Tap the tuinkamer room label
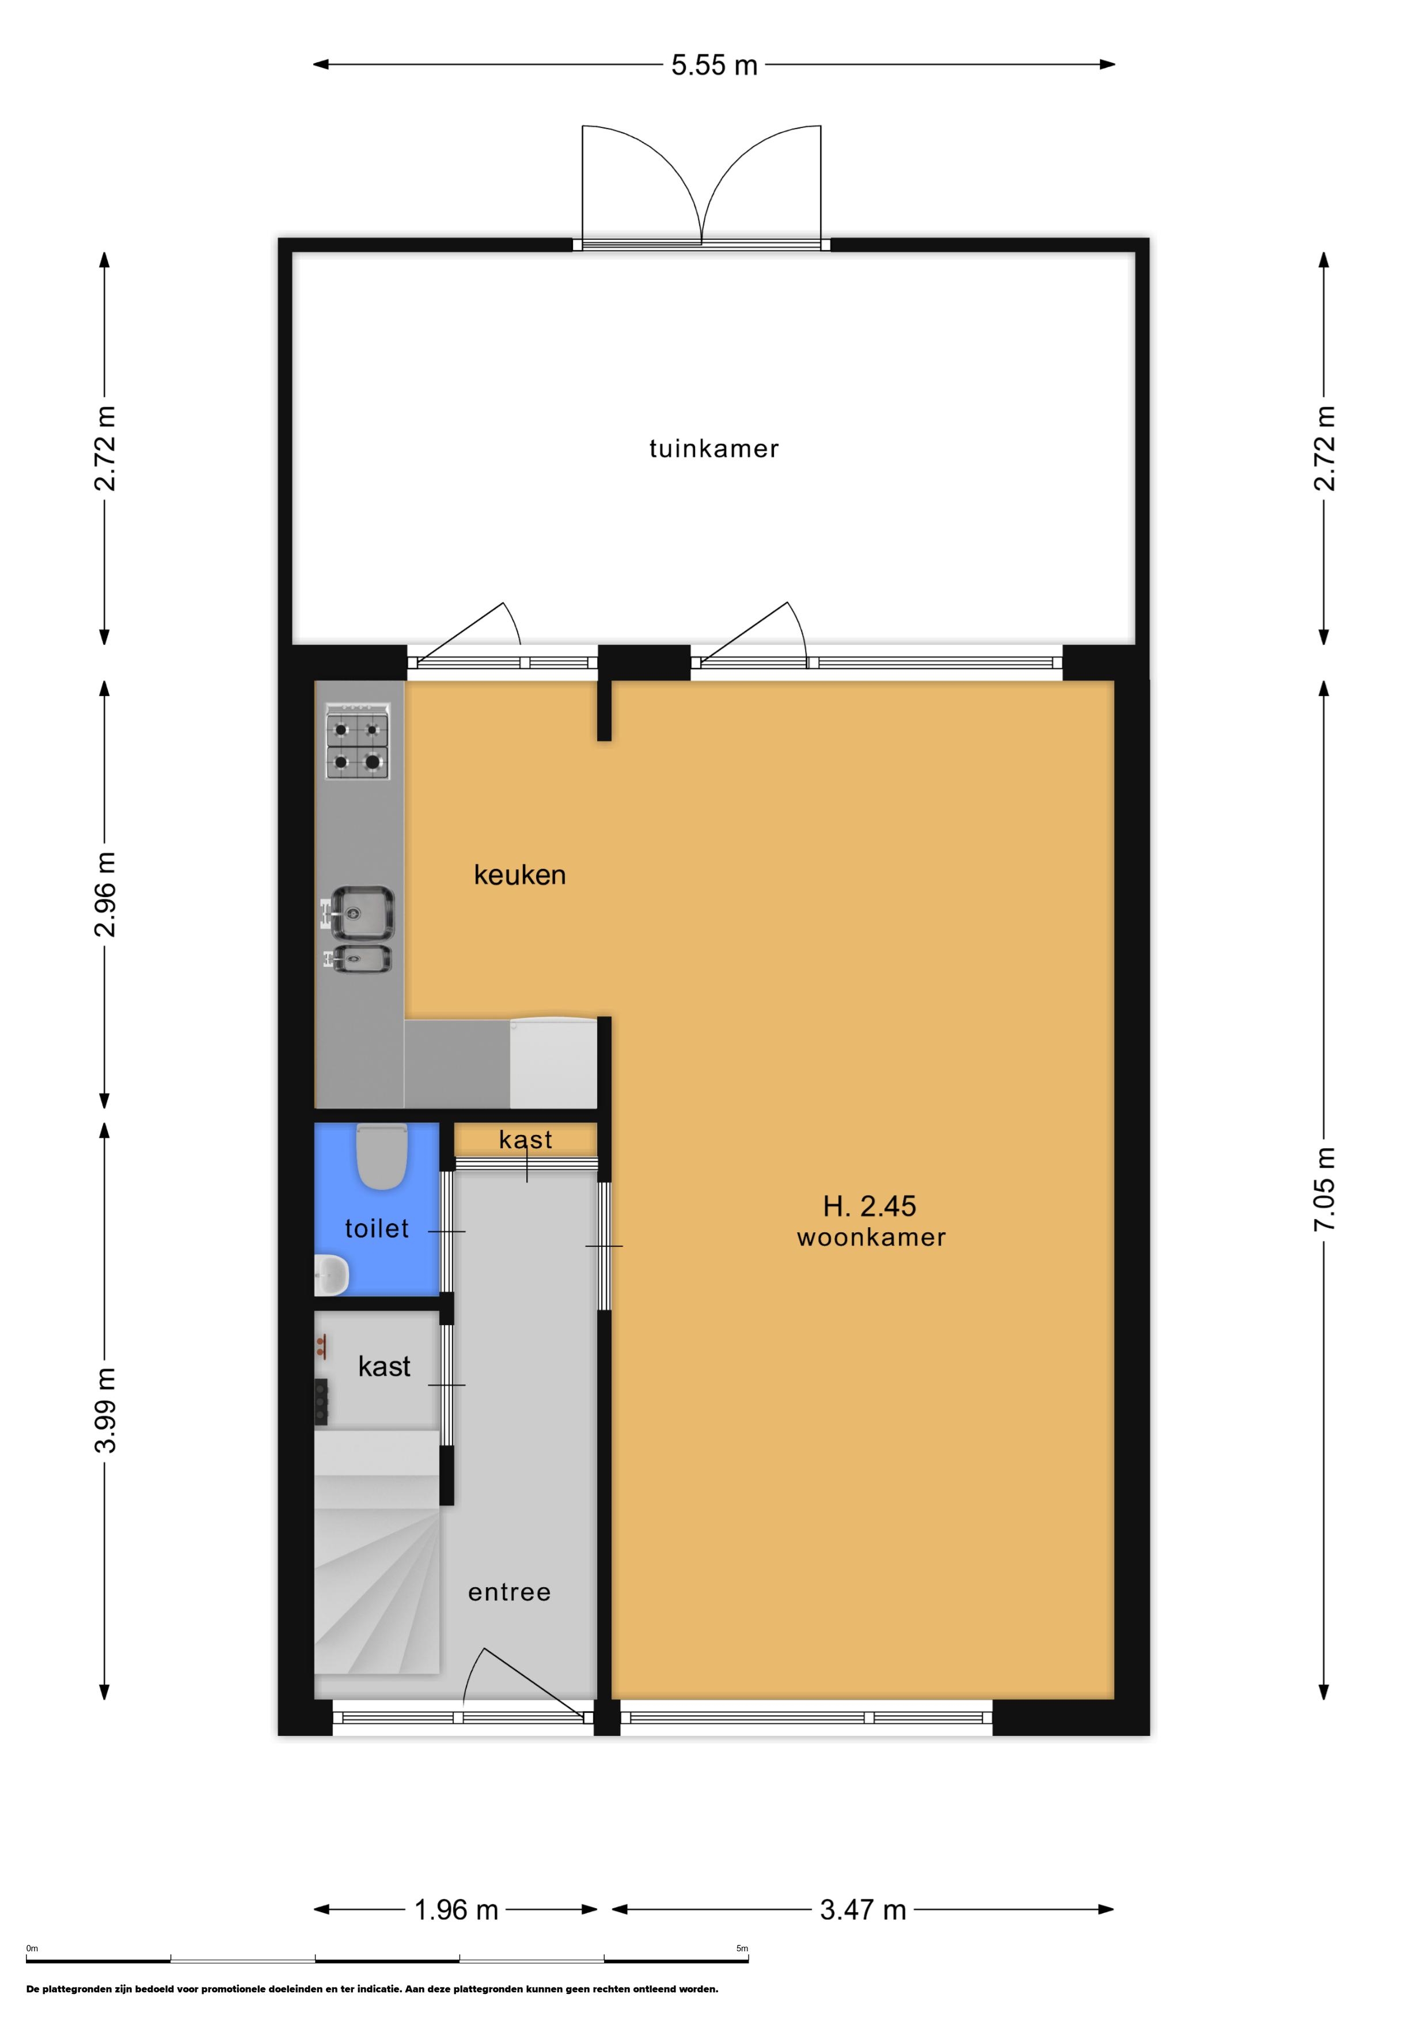(713, 449)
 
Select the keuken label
(519, 875)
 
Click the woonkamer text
(871, 1237)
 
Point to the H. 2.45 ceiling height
(869, 1205)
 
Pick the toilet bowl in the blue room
(382, 1157)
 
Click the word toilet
(377, 1229)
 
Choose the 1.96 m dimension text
(456, 1909)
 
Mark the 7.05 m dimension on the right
(1324, 1189)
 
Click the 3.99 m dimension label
(105, 1410)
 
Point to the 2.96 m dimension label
(105, 894)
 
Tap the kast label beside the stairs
(385, 1366)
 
